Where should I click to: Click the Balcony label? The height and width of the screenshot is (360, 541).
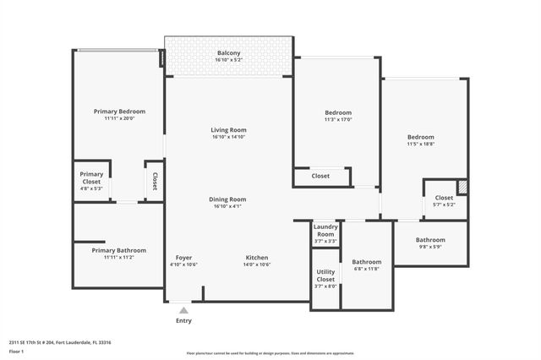pos(228,53)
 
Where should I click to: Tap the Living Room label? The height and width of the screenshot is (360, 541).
pos(228,130)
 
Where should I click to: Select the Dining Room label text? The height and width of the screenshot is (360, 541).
pos(228,199)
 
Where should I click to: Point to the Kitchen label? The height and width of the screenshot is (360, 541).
pos(257,257)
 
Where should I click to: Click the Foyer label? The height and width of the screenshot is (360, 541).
pos(183,257)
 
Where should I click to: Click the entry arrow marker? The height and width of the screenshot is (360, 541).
pos(183,310)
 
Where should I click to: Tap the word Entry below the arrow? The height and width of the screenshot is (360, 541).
pos(183,321)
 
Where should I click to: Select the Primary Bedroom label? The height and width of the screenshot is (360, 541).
pos(119,112)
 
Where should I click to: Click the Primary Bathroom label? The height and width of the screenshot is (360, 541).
pos(119,250)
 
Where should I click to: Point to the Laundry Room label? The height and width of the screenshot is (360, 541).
pos(325,231)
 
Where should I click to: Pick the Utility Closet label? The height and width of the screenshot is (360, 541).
pos(325,275)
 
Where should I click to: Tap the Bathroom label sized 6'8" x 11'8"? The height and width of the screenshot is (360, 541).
pos(367,262)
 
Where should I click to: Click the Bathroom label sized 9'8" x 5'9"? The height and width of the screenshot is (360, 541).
pos(430,240)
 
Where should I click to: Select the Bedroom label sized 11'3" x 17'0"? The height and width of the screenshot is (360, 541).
pos(338,112)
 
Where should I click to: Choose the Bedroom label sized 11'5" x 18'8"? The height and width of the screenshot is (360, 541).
pos(420,137)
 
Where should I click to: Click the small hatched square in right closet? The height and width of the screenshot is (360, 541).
pos(462,187)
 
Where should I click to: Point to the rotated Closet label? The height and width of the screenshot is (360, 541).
pos(154,181)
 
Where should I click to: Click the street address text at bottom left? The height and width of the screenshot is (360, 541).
pos(60,342)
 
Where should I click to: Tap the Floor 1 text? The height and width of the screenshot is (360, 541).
pos(17,351)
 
